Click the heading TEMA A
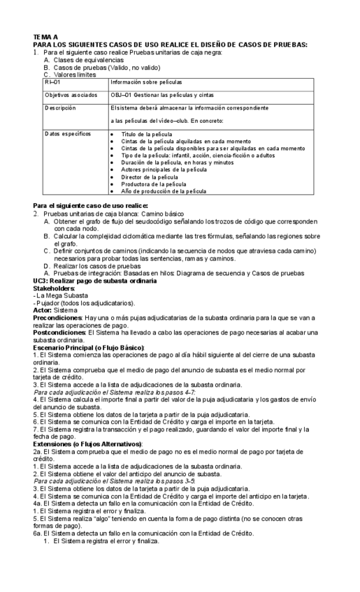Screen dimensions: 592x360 click(45, 36)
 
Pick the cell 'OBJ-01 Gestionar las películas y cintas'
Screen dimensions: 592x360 click(160, 95)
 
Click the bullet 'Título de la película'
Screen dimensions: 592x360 click(151, 133)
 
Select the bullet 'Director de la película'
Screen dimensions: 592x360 click(154, 177)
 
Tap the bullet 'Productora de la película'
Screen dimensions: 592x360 click(157, 184)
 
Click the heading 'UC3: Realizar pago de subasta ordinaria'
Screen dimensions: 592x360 click(95, 281)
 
